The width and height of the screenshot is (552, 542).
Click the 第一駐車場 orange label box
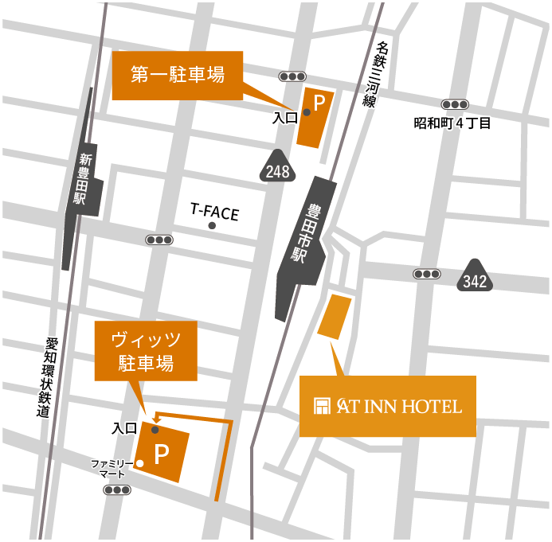(177, 76)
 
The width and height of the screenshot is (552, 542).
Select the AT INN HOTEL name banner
(387, 406)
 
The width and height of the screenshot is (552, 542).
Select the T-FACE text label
(214, 213)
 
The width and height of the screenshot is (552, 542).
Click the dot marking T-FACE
(213, 226)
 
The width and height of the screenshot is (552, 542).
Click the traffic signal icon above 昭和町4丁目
(455, 104)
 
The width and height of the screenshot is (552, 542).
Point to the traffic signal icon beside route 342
(427, 274)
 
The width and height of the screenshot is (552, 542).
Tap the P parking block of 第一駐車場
(316, 116)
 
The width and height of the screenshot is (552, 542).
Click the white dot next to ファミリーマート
(139, 463)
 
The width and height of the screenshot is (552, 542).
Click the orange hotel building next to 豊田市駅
(334, 316)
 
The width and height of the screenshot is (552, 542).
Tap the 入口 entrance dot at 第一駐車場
(306, 112)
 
